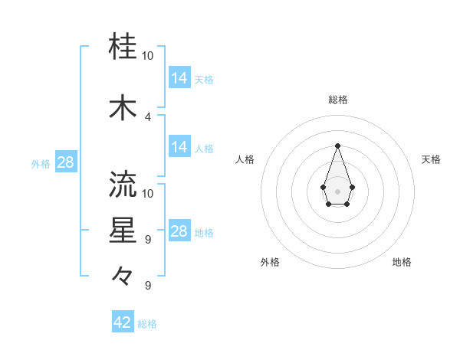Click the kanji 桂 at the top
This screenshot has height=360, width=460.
click(123, 47)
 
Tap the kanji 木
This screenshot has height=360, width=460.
click(123, 108)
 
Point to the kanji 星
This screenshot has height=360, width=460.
click(123, 231)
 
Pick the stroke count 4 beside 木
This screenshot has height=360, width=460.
click(148, 117)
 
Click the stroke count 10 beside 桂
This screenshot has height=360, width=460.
click(148, 56)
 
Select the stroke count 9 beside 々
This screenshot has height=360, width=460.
click(148, 286)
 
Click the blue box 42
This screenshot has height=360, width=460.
click(123, 322)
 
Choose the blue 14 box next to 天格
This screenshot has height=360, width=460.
click(179, 78)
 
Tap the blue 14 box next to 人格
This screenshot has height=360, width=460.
click(179, 147)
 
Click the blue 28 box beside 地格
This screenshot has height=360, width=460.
click(179, 231)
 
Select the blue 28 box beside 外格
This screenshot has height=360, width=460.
click(65, 162)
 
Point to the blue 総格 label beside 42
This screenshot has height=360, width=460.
click(147, 324)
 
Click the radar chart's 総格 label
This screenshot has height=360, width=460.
click(337, 100)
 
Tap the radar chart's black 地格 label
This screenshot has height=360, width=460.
click(402, 262)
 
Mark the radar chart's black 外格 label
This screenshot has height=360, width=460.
click(270, 262)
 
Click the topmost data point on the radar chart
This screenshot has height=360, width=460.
click(337, 145)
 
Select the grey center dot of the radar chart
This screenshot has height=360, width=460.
click(337, 191)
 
